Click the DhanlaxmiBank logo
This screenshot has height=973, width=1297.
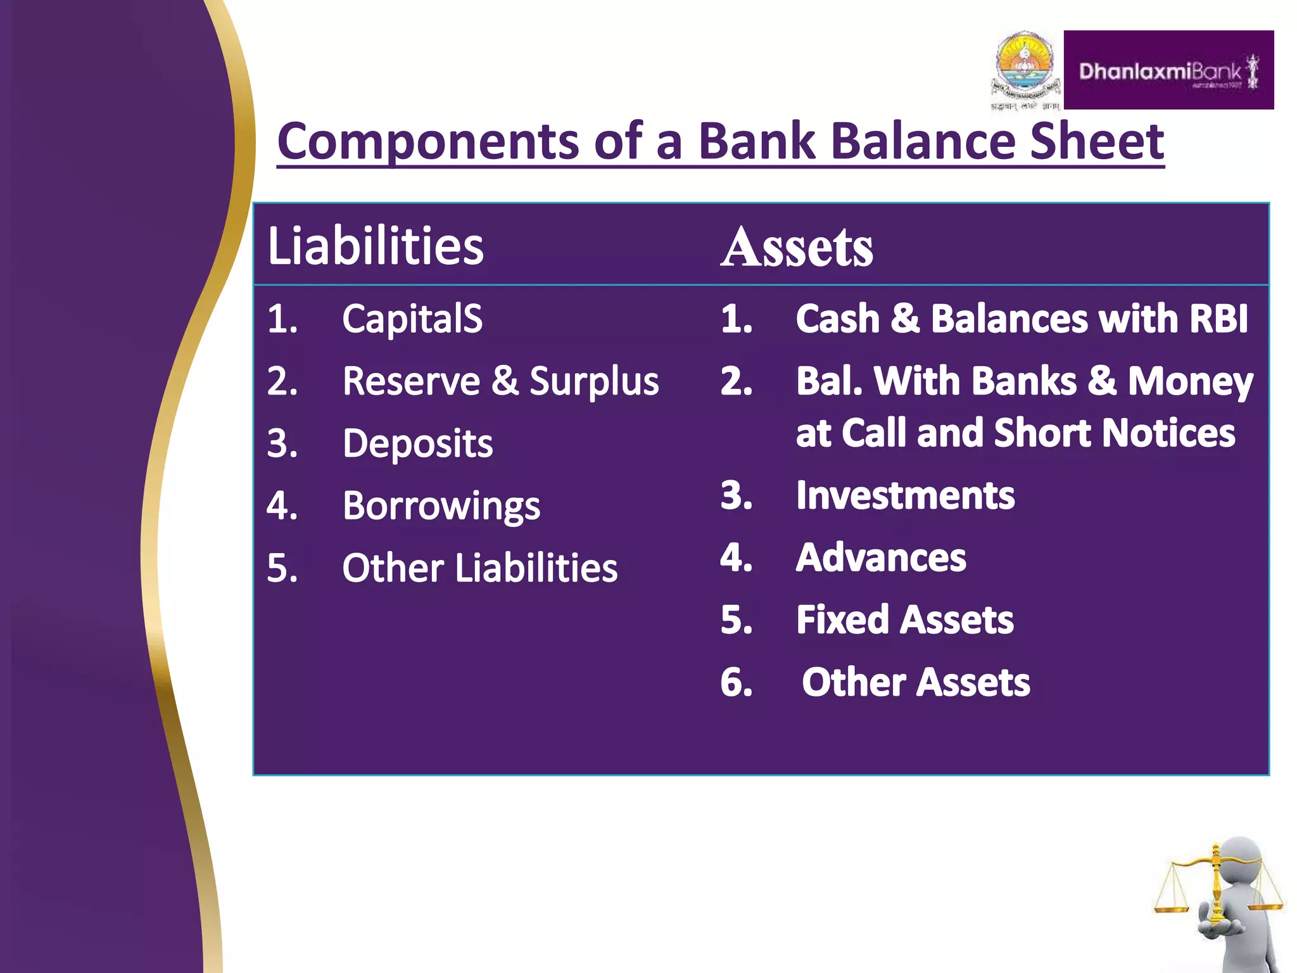pyautogui.click(x=1168, y=70)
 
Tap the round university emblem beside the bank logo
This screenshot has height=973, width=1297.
pyautogui.click(x=1025, y=67)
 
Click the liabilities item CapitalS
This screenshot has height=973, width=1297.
pyautogui.click(x=412, y=318)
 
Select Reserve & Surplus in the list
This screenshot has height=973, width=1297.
pyautogui.click(x=500, y=381)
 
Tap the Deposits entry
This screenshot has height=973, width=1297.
pyautogui.click(x=417, y=443)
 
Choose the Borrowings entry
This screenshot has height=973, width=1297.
pyautogui.click(x=441, y=506)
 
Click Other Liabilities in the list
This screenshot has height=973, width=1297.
pyautogui.click(x=479, y=568)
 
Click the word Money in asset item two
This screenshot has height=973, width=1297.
pyautogui.click(x=1190, y=381)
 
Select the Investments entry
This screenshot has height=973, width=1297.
pyautogui.click(x=905, y=495)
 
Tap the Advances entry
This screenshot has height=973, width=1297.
pyautogui.click(x=881, y=557)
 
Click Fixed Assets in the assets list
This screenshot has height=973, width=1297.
pyautogui.click(x=904, y=620)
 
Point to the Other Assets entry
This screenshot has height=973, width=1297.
pyautogui.click(x=915, y=682)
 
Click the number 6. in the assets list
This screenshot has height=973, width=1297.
pyautogui.click(x=737, y=683)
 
